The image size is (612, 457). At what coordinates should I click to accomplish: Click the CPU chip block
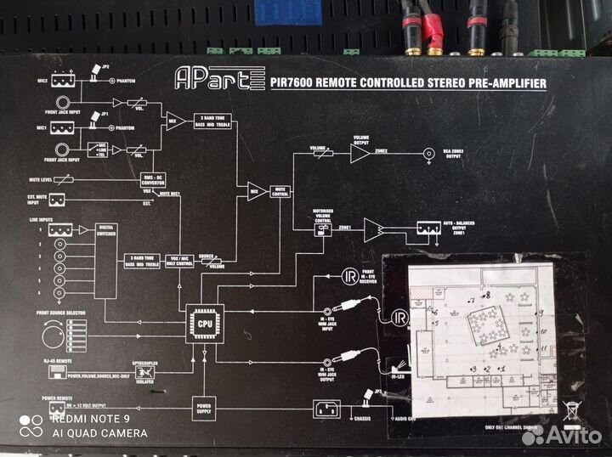coord(205,324)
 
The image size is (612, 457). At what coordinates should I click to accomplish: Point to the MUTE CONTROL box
coord(280,191)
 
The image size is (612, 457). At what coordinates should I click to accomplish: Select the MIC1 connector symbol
coord(61,127)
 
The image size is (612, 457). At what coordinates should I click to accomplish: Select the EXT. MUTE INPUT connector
coord(59,200)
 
